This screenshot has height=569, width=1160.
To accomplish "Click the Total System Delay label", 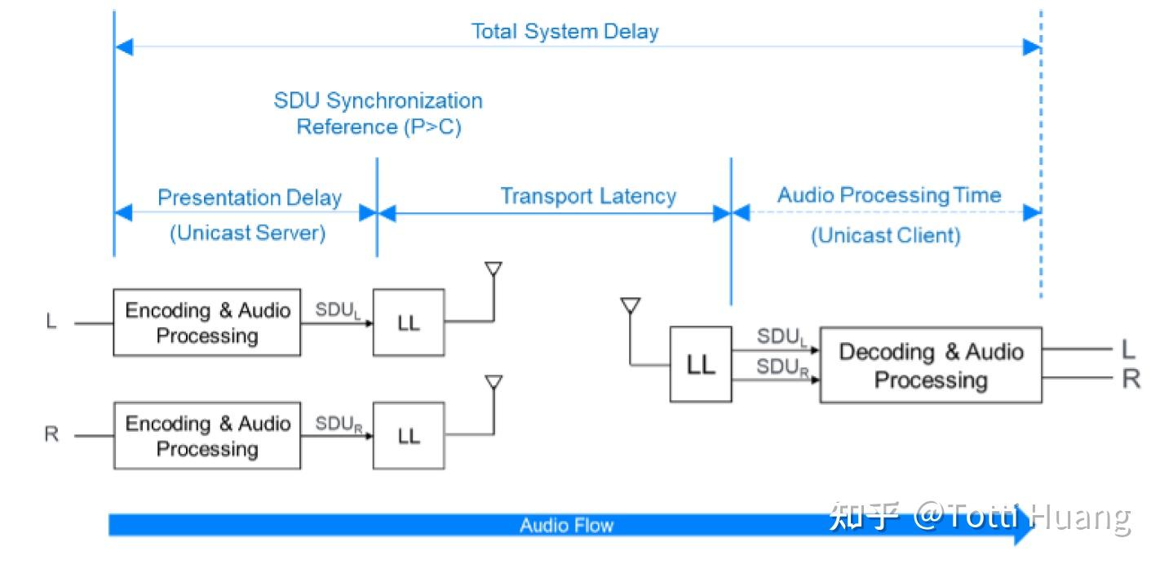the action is [565, 32].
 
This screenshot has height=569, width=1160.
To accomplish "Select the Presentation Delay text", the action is [250, 198].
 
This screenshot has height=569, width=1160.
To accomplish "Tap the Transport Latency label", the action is [588, 197].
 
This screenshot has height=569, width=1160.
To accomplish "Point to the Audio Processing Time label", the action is [889, 195].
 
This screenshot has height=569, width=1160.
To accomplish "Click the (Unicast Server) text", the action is [247, 233].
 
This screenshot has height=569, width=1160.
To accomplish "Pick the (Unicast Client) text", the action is [886, 236].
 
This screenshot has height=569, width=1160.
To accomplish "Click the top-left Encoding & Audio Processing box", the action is [206, 322].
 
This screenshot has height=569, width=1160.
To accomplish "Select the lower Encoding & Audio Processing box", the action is [206, 436].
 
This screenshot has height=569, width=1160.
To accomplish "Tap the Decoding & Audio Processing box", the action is [931, 365].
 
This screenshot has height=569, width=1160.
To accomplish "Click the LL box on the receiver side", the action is [701, 364].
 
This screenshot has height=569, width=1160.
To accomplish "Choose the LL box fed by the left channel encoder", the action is [409, 322].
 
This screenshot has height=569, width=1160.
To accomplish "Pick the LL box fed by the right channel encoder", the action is [409, 436].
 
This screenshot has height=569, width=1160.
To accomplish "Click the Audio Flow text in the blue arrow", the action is [566, 526].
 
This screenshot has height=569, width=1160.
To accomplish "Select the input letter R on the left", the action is [51, 433].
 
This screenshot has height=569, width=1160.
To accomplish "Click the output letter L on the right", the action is [1128, 349].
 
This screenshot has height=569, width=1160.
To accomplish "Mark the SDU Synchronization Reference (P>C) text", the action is [379, 113].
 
